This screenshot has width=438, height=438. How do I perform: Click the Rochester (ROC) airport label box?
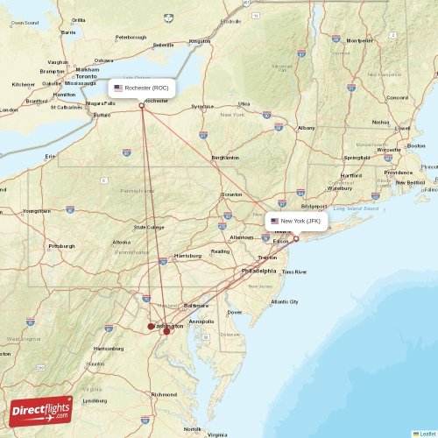point(142,88)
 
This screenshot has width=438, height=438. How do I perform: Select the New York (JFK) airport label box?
point(297,221)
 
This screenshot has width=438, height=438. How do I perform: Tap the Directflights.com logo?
point(42,409)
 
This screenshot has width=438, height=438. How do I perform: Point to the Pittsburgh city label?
point(61,246)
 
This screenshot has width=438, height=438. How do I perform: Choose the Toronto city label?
point(86,76)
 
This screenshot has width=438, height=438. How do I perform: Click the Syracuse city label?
point(203,106)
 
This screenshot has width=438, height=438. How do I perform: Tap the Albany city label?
point(307,128)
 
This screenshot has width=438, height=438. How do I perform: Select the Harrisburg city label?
point(188,256)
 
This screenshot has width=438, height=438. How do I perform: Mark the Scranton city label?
point(232,194)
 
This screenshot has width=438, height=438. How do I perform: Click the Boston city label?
point(416,146)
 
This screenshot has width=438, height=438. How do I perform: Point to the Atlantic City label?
point(285,301)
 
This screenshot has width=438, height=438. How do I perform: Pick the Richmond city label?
point(164,394)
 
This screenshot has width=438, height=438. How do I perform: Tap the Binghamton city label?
point(225,158)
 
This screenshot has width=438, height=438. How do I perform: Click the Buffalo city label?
point(102,115)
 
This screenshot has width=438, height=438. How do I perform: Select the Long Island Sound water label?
point(358,208)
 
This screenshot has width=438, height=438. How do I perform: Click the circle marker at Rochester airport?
point(142,106)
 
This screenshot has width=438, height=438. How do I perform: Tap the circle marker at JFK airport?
point(296,238)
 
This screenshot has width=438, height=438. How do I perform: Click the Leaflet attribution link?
point(427,433)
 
